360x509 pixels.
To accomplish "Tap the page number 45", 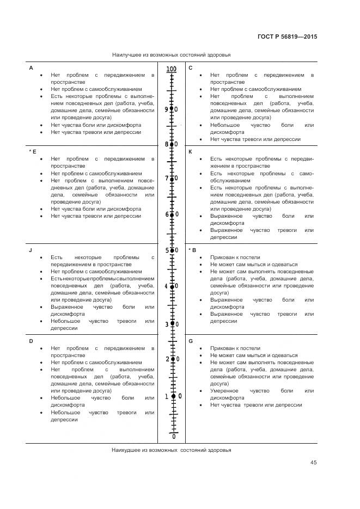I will (313, 463).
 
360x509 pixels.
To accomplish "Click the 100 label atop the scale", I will (172, 69).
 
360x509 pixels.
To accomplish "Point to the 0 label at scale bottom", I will (174, 437).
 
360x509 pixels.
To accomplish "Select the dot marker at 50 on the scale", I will (172, 250).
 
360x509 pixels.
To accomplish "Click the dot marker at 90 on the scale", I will (172, 109).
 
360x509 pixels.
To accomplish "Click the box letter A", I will (31, 68).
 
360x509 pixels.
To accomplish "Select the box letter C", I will (191, 68).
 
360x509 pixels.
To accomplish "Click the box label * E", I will (32, 151).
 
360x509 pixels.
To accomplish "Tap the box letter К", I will (191, 151).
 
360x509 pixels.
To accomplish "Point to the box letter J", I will (30, 250).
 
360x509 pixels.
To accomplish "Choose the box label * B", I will (192, 250).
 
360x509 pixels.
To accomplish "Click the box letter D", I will (31, 341).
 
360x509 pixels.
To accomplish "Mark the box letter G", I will (191, 341).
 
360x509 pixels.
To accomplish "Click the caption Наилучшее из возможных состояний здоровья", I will (171, 55).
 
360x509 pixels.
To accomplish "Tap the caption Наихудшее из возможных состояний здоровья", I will (171, 450).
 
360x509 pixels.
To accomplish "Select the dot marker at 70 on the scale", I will (172, 179).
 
